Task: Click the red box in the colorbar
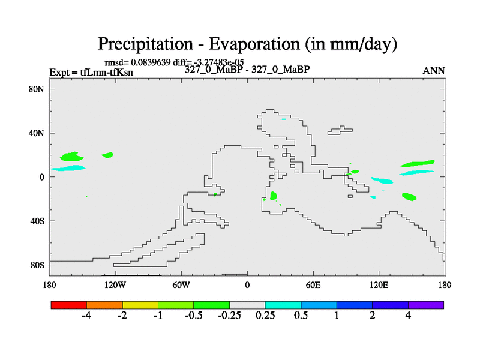(x=69, y=305)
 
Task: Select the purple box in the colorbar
(x=426, y=305)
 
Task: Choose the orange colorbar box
(x=104, y=305)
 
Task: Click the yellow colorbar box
(x=140, y=305)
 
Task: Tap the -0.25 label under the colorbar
(x=230, y=316)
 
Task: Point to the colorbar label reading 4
(x=408, y=316)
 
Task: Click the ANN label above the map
(x=434, y=71)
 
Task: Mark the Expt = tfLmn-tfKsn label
(x=91, y=73)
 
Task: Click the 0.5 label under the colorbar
(x=301, y=316)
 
